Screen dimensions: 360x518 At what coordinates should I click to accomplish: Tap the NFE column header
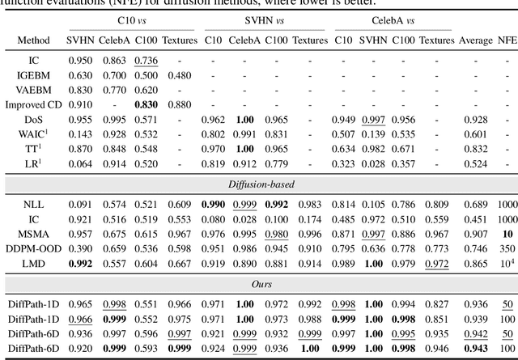507,40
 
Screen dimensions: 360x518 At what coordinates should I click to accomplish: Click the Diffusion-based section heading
258,184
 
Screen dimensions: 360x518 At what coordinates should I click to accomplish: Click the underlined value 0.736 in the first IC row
146,61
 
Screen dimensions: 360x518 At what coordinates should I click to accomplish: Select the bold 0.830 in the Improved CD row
146,104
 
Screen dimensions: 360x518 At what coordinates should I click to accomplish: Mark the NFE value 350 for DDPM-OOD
507,248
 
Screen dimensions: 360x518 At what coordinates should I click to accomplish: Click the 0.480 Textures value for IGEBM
178,75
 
